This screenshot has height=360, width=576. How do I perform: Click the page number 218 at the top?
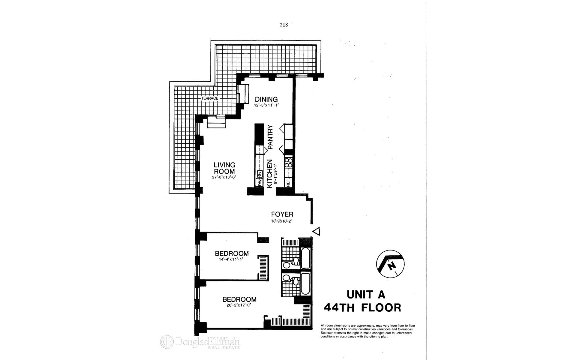coord(283,25)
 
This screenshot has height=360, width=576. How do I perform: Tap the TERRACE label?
coord(210,98)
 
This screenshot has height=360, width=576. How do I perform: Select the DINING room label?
coord(266,99)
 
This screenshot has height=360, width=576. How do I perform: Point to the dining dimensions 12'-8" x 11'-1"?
coord(266,105)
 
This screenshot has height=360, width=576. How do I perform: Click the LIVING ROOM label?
coord(224,168)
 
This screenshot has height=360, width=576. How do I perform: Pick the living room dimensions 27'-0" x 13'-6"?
coord(224,177)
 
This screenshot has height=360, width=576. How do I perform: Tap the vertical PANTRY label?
coord(270,137)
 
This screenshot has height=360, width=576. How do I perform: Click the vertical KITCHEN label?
coord(269,174)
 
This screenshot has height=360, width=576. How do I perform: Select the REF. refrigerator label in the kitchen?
coord(288,182)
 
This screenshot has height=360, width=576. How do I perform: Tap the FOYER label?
coord(282,214)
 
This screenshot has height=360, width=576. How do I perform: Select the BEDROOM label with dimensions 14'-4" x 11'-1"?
coord(232,253)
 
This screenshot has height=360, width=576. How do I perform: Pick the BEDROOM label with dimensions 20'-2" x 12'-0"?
coord(239,299)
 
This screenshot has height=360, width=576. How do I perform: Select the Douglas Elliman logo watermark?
coord(200,342)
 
